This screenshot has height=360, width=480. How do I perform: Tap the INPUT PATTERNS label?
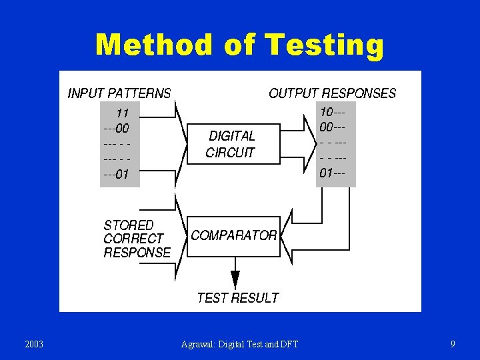point(119,93)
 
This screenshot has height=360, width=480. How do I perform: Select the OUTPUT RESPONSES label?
point(332,93)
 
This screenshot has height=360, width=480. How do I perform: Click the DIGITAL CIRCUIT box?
point(231,143)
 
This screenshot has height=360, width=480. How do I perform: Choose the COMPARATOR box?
point(233,236)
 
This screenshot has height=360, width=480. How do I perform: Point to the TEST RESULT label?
point(237,298)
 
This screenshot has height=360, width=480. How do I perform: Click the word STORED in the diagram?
point(128,225)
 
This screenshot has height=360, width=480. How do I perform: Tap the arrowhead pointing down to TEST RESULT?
point(235,279)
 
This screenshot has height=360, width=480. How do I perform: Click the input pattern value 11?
point(122,113)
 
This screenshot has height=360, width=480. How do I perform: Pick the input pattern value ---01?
point(116,175)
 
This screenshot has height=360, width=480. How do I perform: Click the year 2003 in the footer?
point(33,344)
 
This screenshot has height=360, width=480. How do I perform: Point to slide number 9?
point(453,344)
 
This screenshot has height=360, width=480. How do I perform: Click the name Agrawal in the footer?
point(198,344)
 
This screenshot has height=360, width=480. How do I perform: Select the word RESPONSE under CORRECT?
point(137,253)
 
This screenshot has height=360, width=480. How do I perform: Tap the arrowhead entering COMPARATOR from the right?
point(285,227)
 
